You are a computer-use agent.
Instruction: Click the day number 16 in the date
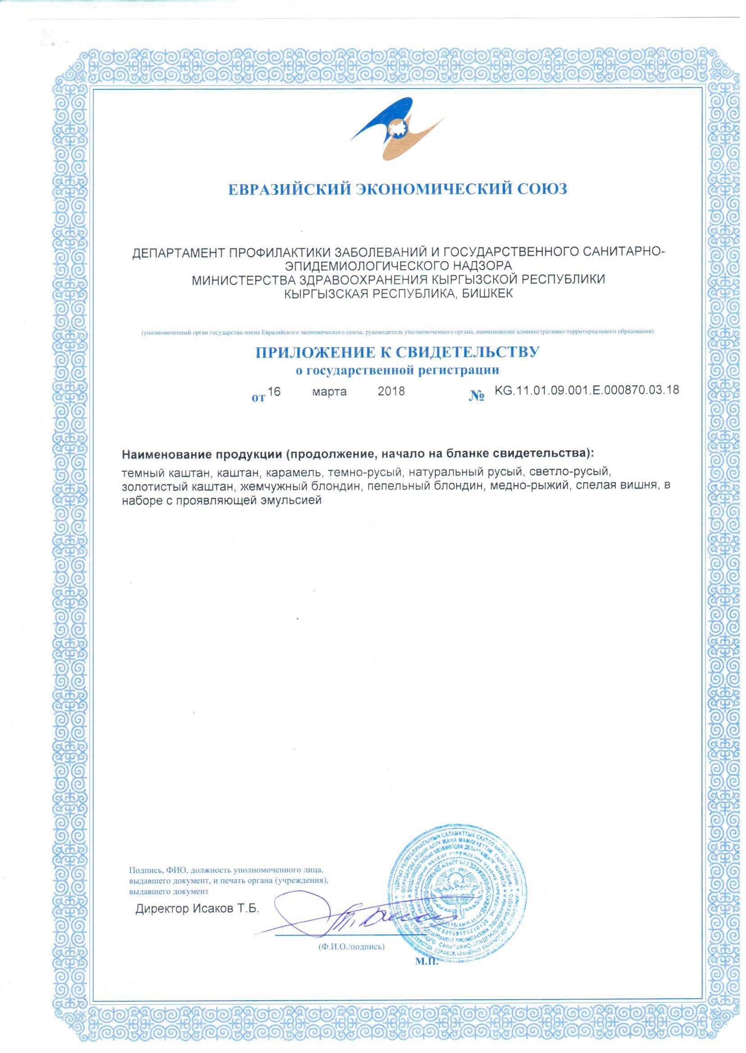click(x=274, y=391)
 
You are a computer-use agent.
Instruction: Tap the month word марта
click(x=329, y=392)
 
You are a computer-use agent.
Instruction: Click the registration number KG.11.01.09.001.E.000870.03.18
click(x=587, y=390)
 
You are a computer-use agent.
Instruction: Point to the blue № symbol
click(x=477, y=397)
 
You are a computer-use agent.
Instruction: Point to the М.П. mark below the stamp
click(x=427, y=962)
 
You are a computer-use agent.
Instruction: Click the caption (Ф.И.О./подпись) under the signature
click(x=351, y=946)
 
